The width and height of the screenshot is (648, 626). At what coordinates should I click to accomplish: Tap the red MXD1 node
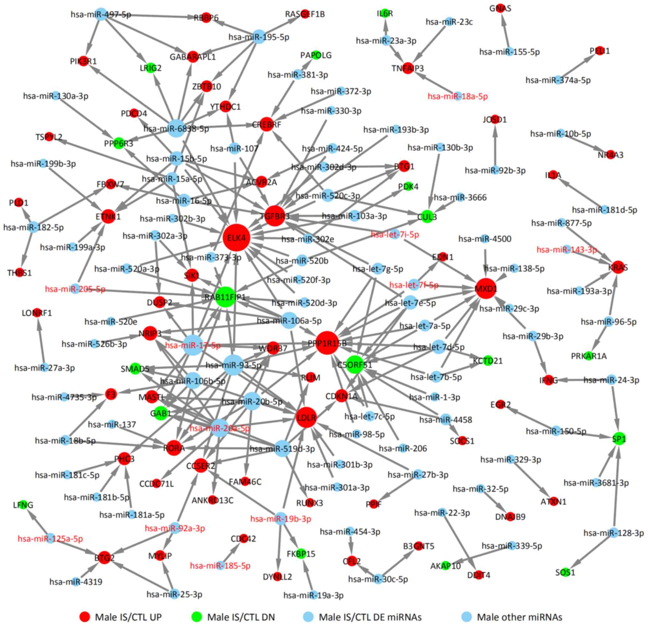pos(486,289)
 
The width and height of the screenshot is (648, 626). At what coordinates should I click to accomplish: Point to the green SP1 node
pos(619,439)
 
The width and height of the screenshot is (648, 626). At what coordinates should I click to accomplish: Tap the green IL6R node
pos(384,13)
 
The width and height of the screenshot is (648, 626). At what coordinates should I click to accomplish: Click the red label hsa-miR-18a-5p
pos(458,97)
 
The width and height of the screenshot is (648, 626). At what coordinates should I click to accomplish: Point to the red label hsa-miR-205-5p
pos(75,289)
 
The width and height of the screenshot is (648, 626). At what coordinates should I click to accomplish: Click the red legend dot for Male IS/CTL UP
pos(85,617)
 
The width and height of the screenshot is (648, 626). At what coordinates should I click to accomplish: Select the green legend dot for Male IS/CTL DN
pos(197,617)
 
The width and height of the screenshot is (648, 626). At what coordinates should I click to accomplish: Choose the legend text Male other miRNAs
pos(519,617)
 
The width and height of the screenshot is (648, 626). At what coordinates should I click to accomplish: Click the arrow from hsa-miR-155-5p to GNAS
pos(505,31)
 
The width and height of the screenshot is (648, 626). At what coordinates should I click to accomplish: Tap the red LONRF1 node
pos(37,312)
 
